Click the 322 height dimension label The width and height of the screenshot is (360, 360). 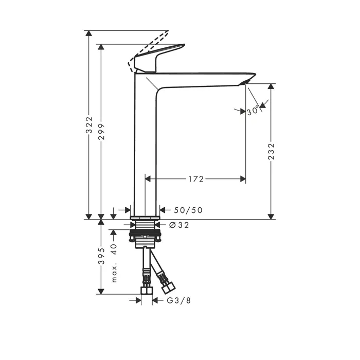(89, 124)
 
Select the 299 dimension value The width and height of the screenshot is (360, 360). (101, 131)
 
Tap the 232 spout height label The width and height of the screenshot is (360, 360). (271, 151)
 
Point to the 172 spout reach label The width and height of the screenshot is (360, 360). (196, 179)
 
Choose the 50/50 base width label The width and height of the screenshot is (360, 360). (188, 210)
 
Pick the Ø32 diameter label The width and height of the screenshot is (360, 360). (179, 225)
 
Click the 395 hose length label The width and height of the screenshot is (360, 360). (101, 256)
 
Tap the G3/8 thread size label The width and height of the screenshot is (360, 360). (179, 300)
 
